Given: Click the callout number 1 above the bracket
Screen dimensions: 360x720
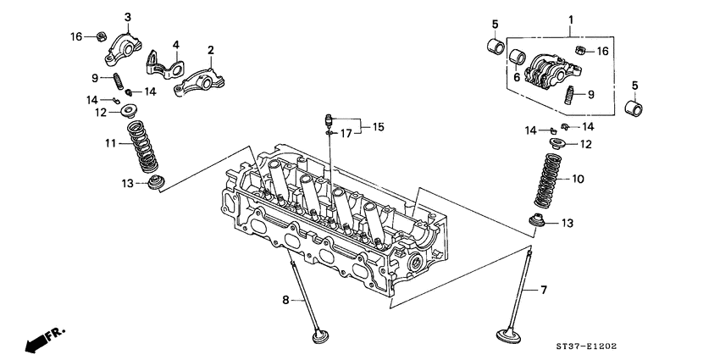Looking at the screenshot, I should (x=570, y=19).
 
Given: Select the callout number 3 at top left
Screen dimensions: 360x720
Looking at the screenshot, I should (x=128, y=17).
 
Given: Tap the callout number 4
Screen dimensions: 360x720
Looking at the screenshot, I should (x=175, y=44).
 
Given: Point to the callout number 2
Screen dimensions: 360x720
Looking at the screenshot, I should (x=210, y=50).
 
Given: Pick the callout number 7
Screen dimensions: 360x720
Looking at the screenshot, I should (x=544, y=290).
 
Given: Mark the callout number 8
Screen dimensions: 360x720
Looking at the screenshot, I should (x=285, y=300).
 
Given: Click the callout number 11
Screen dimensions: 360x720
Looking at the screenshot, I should (x=109, y=144).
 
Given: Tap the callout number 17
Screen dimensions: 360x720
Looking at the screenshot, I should (x=345, y=133).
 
